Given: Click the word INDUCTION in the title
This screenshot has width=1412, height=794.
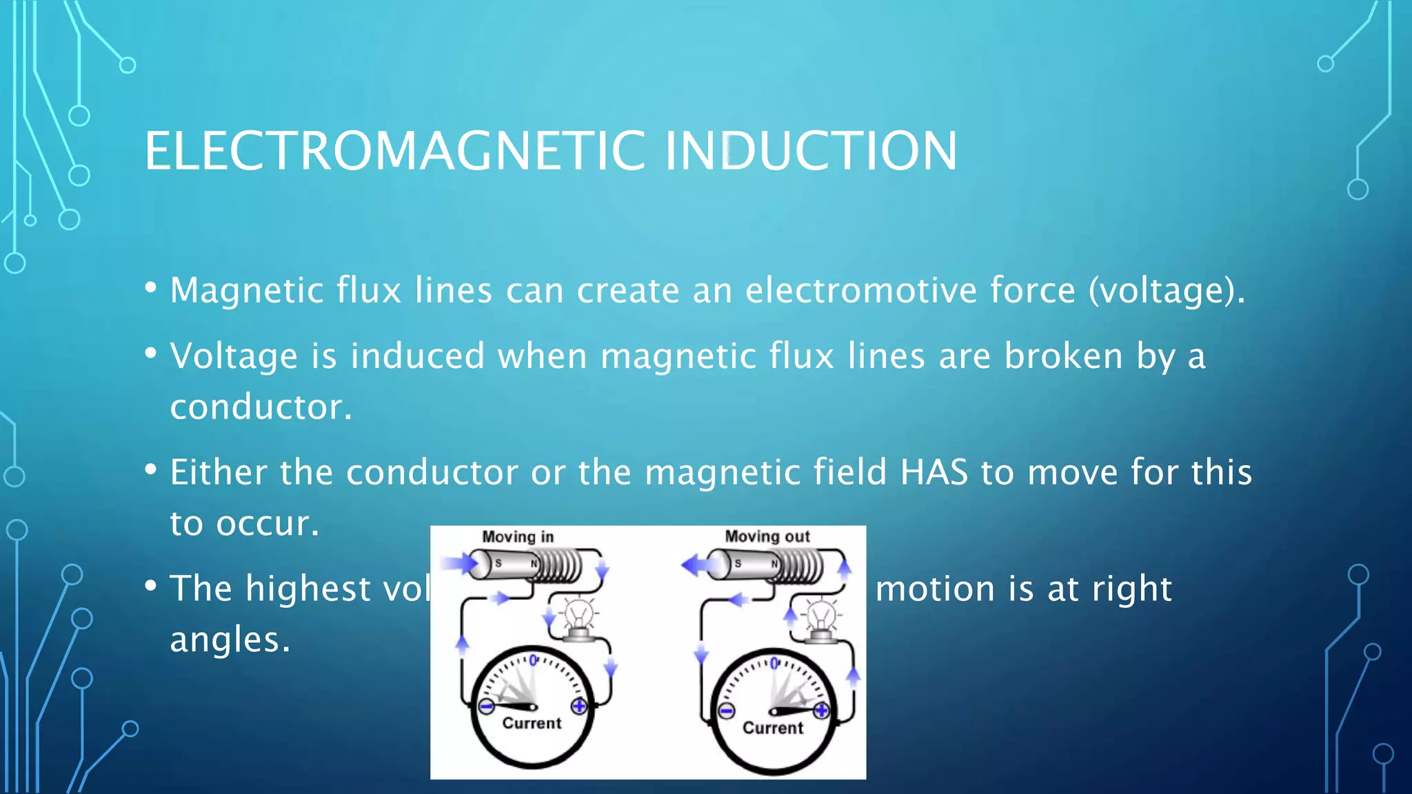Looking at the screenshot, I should [x=811, y=151].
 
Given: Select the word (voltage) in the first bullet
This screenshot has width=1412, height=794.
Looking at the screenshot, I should [x=1167, y=290].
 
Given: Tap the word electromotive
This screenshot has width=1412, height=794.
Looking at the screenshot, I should [x=861, y=290].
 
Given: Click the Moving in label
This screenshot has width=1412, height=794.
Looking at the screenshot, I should [x=518, y=537].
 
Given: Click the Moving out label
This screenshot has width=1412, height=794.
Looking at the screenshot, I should [x=767, y=536].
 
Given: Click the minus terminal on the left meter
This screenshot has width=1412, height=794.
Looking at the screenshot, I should [x=486, y=706].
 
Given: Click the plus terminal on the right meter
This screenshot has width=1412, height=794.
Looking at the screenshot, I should [x=821, y=710].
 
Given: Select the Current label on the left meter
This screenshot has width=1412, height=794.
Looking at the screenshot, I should [x=532, y=723].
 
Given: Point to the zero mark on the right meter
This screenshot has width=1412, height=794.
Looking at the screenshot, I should [x=774, y=663].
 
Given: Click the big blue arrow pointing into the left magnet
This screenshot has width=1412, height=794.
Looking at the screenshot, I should [x=458, y=564].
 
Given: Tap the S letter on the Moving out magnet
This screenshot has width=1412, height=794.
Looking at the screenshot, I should [x=738, y=564].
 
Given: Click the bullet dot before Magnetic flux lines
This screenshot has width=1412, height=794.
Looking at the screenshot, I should [x=151, y=287].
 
